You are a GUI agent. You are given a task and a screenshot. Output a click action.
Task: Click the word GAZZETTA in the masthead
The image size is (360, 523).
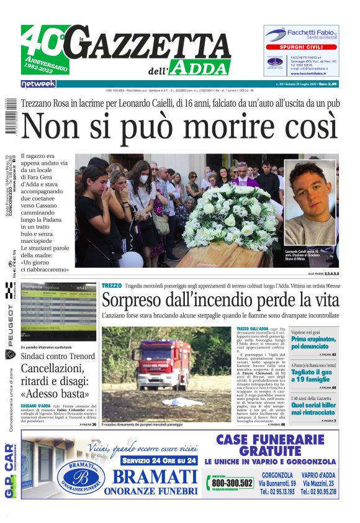[x=155, y=47]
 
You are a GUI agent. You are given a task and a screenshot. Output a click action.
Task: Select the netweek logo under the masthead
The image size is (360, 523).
[x=38, y=84]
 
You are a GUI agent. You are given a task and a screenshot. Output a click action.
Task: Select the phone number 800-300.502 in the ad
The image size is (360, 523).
[x=232, y=483]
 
